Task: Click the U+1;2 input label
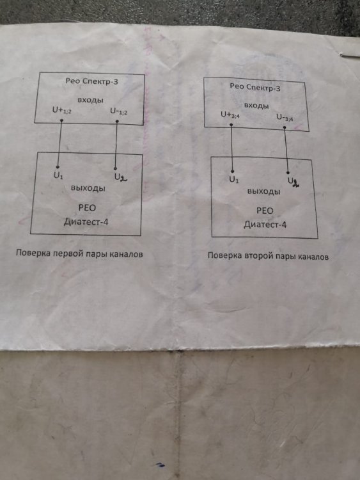coord(62,110)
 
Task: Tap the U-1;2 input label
coord(119,111)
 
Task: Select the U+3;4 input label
coord(230,115)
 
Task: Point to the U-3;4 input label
coord(285,118)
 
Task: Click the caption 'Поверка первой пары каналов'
coord(79,253)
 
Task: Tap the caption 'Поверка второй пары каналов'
coord(268,255)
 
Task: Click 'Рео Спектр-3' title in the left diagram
coord(91,81)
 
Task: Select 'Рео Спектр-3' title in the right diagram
coord(255,88)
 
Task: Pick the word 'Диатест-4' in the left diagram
coord(86,221)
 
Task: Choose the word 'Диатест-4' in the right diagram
coord(265,225)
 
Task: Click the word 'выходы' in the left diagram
coord(88,188)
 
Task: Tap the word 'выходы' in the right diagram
coord(263,191)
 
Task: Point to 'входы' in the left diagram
coord(90,100)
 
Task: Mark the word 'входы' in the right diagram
coord(256,106)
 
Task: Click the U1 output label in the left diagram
coord(58,176)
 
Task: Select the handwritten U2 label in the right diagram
coord(293,182)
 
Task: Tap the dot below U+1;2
coord(61,120)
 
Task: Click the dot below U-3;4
coord(285,127)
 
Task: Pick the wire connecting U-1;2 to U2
coord(116,145)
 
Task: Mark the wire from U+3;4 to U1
coord(231,148)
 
